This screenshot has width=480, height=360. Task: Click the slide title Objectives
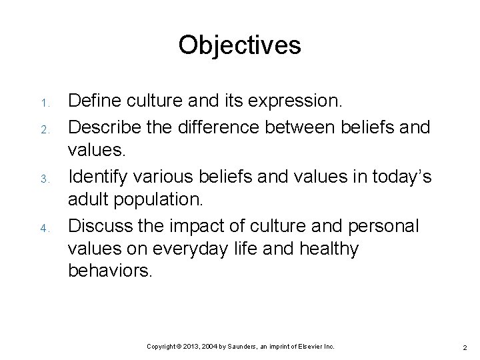click(x=239, y=45)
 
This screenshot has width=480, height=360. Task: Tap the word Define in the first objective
click(x=92, y=101)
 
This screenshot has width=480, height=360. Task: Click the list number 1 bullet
click(x=41, y=104)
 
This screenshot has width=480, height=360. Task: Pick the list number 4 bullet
click(x=41, y=228)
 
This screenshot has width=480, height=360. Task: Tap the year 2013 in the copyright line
click(x=185, y=347)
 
